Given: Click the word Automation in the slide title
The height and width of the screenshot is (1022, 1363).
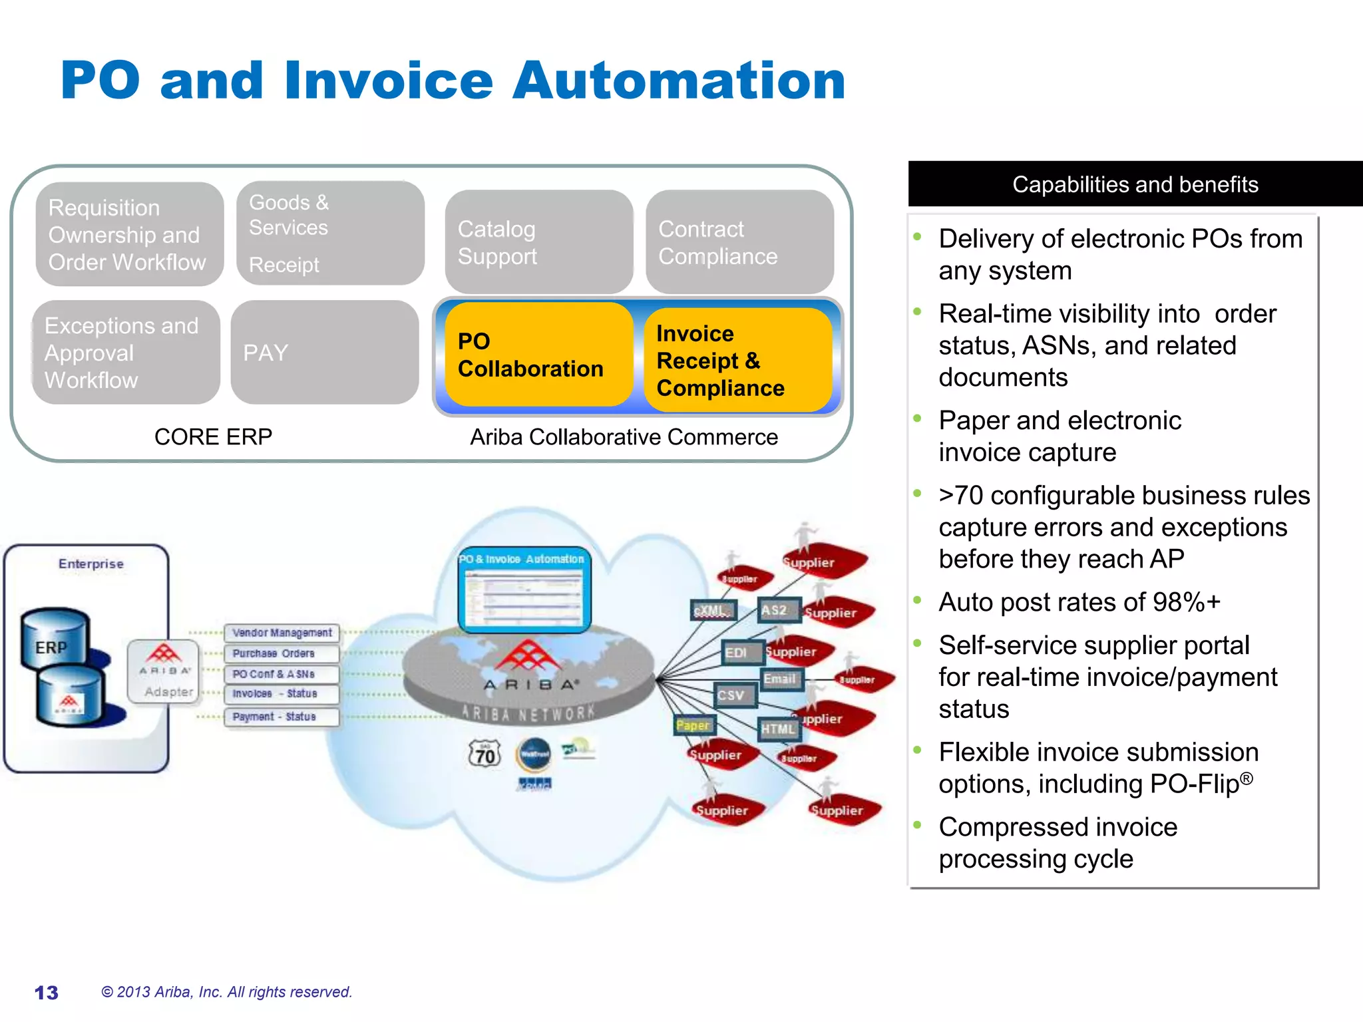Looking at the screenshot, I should (678, 81).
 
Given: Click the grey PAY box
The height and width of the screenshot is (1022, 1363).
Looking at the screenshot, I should (324, 353).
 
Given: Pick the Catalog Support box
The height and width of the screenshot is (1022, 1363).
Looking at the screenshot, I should (538, 242).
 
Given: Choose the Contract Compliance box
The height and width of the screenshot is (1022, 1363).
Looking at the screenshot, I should (739, 242).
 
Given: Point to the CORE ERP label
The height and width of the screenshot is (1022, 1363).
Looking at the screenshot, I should (213, 437).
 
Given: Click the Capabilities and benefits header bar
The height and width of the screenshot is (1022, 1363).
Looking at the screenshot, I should (1135, 184).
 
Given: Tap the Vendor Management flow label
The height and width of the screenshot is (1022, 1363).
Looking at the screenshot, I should (282, 633).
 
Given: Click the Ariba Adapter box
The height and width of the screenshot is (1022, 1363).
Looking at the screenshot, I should (164, 671).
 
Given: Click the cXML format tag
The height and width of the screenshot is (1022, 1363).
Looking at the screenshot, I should (712, 610).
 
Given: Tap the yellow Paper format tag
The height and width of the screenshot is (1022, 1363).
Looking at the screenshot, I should (693, 725).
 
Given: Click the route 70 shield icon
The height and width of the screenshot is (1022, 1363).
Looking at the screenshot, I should (485, 755).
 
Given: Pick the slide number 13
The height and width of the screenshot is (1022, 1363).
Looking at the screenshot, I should (46, 993).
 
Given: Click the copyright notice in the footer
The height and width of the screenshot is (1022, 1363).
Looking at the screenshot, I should (226, 992).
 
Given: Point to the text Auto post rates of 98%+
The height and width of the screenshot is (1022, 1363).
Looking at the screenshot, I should (1079, 602).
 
